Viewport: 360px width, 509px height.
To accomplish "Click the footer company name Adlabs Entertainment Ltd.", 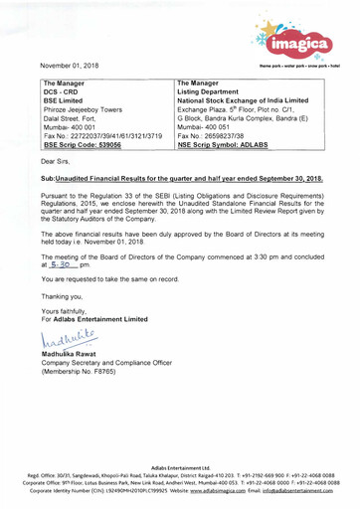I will pos(179,466).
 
